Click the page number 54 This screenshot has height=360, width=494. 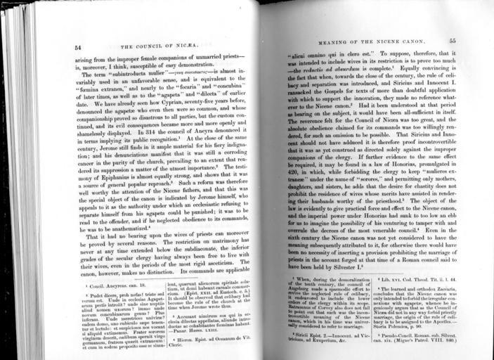77,47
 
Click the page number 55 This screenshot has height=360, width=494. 453,42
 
